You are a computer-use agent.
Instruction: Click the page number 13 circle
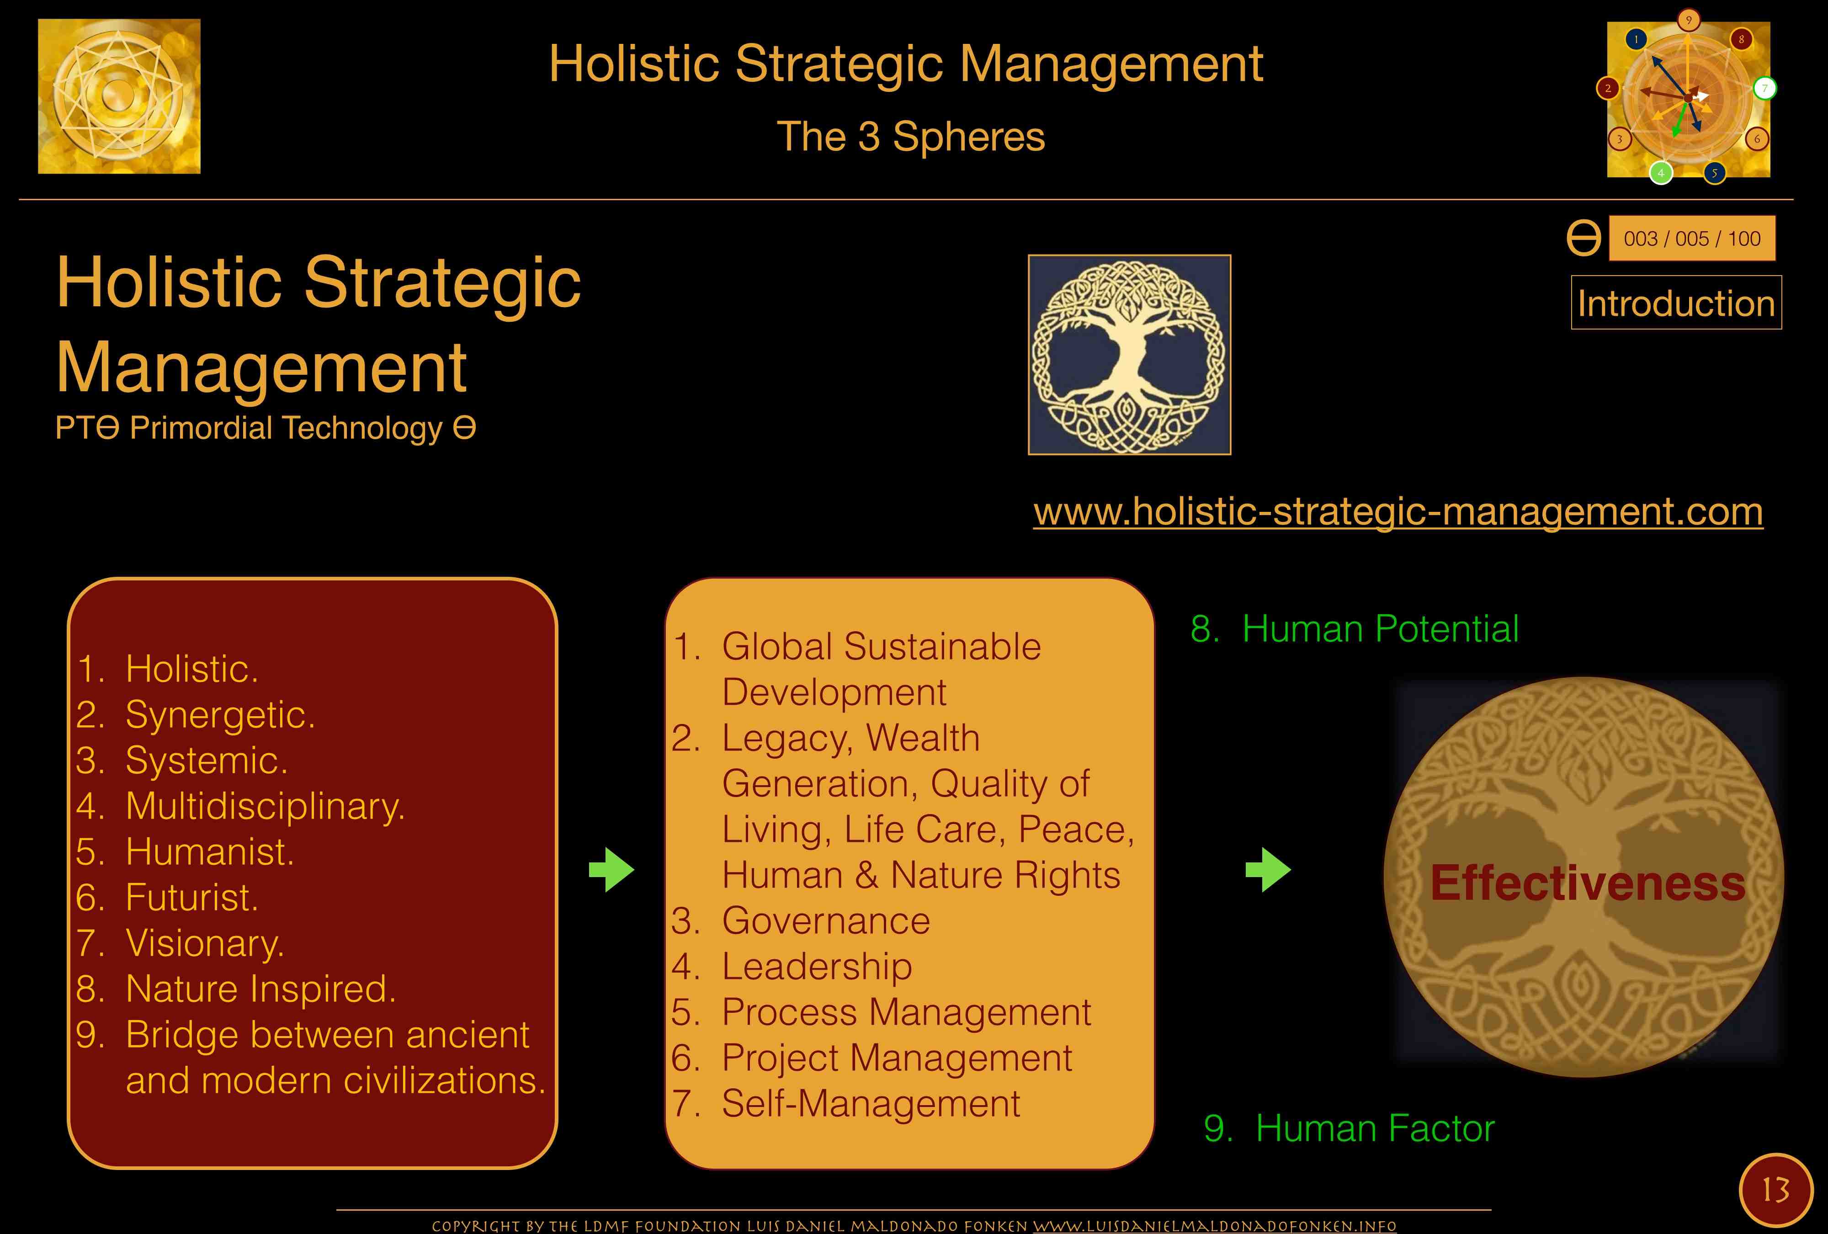tap(1775, 1190)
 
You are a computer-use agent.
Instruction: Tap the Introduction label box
tap(1676, 303)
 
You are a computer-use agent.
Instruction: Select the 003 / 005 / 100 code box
tap(1692, 238)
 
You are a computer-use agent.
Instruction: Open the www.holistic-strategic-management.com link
tap(1398, 512)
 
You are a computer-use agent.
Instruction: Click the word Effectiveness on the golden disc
tap(1587, 883)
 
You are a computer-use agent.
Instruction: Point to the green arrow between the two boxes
tap(611, 870)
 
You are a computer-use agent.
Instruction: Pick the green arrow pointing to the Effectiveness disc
tap(1268, 870)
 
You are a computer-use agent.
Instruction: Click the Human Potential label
tap(1355, 629)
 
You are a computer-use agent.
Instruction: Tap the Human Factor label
tap(1349, 1128)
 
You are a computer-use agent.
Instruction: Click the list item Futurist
tap(167, 897)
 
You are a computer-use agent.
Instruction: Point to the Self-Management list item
tap(845, 1103)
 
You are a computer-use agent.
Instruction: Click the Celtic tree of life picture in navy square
tap(1130, 355)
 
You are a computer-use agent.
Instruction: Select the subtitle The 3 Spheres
tap(911, 137)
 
